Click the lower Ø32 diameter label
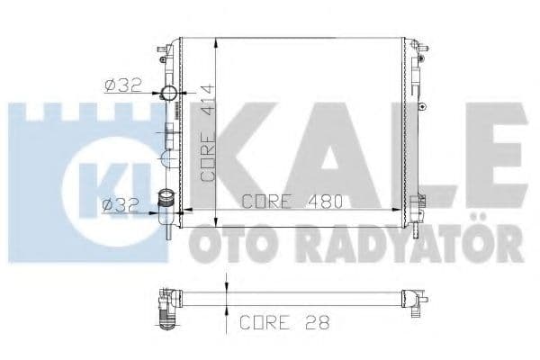(x=121, y=205)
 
